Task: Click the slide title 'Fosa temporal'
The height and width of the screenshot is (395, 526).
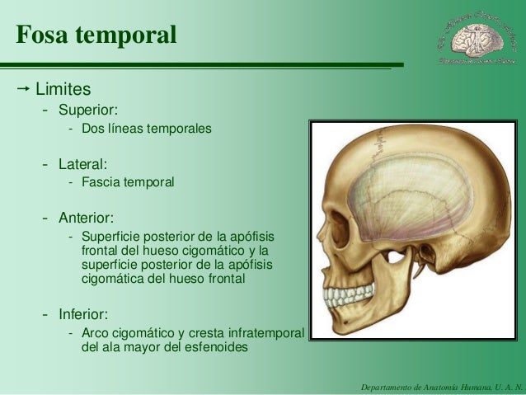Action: (96, 36)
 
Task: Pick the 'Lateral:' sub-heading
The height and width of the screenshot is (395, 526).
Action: (82, 164)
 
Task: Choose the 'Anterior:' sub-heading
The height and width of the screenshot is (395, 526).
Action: (86, 218)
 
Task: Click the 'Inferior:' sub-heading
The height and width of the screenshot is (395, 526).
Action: (83, 314)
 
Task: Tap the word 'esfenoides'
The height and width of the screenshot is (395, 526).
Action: (217, 347)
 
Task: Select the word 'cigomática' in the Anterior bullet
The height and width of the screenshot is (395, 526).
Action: (113, 279)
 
